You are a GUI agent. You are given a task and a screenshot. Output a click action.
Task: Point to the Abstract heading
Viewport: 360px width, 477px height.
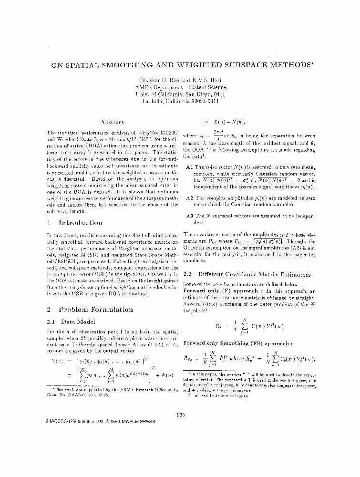pos(113,122)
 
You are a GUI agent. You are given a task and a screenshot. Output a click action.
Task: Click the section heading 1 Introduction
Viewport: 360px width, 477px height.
pos(75,223)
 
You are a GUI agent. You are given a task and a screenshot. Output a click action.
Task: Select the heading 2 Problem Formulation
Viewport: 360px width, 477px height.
pos(90,310)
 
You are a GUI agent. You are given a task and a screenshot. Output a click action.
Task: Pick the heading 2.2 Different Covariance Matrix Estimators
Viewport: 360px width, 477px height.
pos(247,274)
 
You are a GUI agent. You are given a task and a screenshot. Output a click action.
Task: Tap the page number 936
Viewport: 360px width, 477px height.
pos(180,415)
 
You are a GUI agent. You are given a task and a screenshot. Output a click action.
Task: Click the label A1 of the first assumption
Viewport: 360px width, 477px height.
pos(188,167)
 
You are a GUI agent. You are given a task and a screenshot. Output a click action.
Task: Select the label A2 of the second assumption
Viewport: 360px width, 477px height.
pos(188,197)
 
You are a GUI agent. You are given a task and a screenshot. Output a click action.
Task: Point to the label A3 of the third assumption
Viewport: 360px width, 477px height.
pos(188,216)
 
